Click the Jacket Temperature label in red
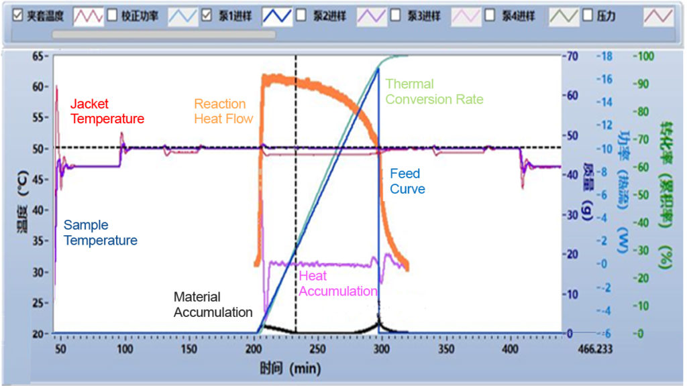(x=107, y=112)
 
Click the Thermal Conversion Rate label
(x=433, y=92)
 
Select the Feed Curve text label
(x=407, y=182)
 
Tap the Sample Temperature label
(x=100, y=233)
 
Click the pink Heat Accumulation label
(x=337, y=284)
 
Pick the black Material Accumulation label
(x=213, y=304)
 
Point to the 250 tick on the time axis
(x=318, y=349)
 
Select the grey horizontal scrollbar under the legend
(x=164, y=34)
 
